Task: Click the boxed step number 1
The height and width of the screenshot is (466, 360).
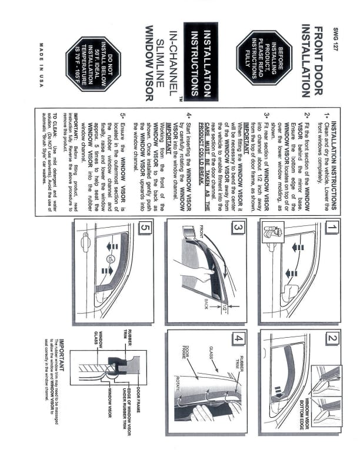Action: [332, 227]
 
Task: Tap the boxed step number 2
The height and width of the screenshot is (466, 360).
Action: [332, 338]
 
